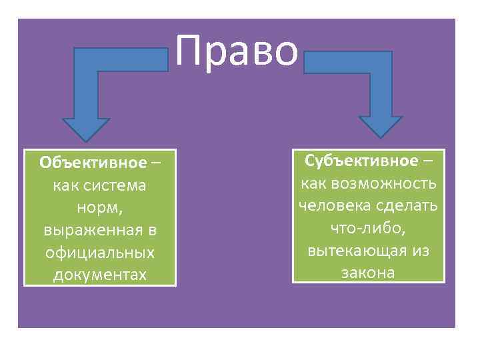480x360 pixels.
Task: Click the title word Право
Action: [x=237, y=51]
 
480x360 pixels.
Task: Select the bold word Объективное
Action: [x=93, y=163]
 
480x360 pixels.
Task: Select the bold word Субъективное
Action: [x=361, y=161]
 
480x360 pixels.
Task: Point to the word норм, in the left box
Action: [x=100, y=208]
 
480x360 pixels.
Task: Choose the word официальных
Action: [x=100, y=253]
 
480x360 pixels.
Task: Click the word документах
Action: [x=100, y=275]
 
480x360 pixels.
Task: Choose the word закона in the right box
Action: [x=368, y=273]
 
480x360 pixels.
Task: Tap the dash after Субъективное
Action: [x=427, y=161]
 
